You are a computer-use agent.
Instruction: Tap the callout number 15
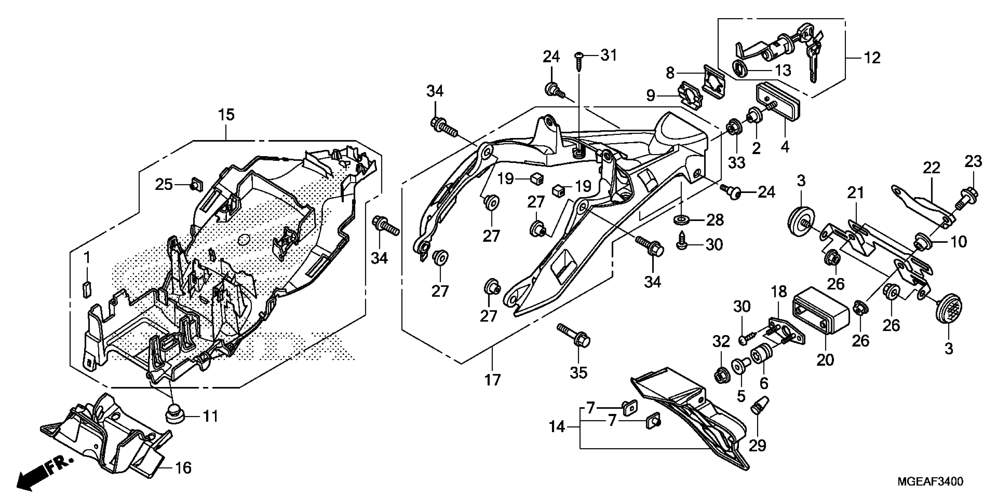[x=226, y=115]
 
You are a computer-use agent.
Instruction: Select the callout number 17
[x=492, y=380]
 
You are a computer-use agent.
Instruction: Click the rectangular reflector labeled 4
[x=778, y=110]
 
